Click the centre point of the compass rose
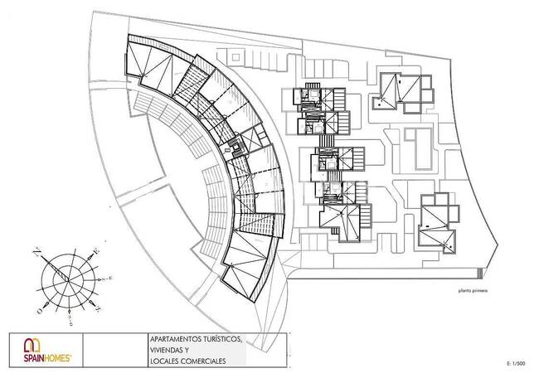coord(68,279)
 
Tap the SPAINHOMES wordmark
coord(44,357)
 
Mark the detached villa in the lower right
coord(437,225)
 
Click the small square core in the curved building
coord(239,149)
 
